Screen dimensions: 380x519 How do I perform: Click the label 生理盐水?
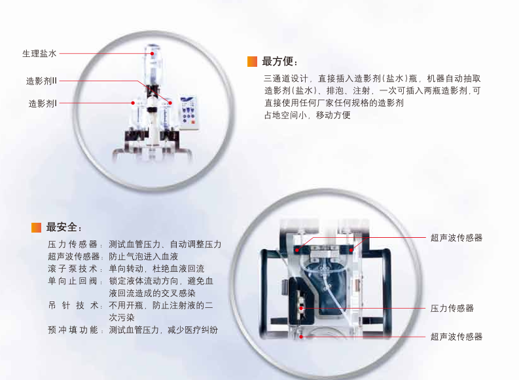point(39,54)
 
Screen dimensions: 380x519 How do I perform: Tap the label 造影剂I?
point(43,103)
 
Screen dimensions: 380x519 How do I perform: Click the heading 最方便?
point(279,62)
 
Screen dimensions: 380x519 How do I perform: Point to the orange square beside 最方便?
point(252,62)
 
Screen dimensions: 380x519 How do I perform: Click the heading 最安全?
point(63,227)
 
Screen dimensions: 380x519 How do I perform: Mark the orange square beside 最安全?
point(37,227)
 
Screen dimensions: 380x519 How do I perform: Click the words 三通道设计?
point(285,79)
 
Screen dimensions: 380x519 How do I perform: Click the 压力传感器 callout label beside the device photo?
point(452,308)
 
